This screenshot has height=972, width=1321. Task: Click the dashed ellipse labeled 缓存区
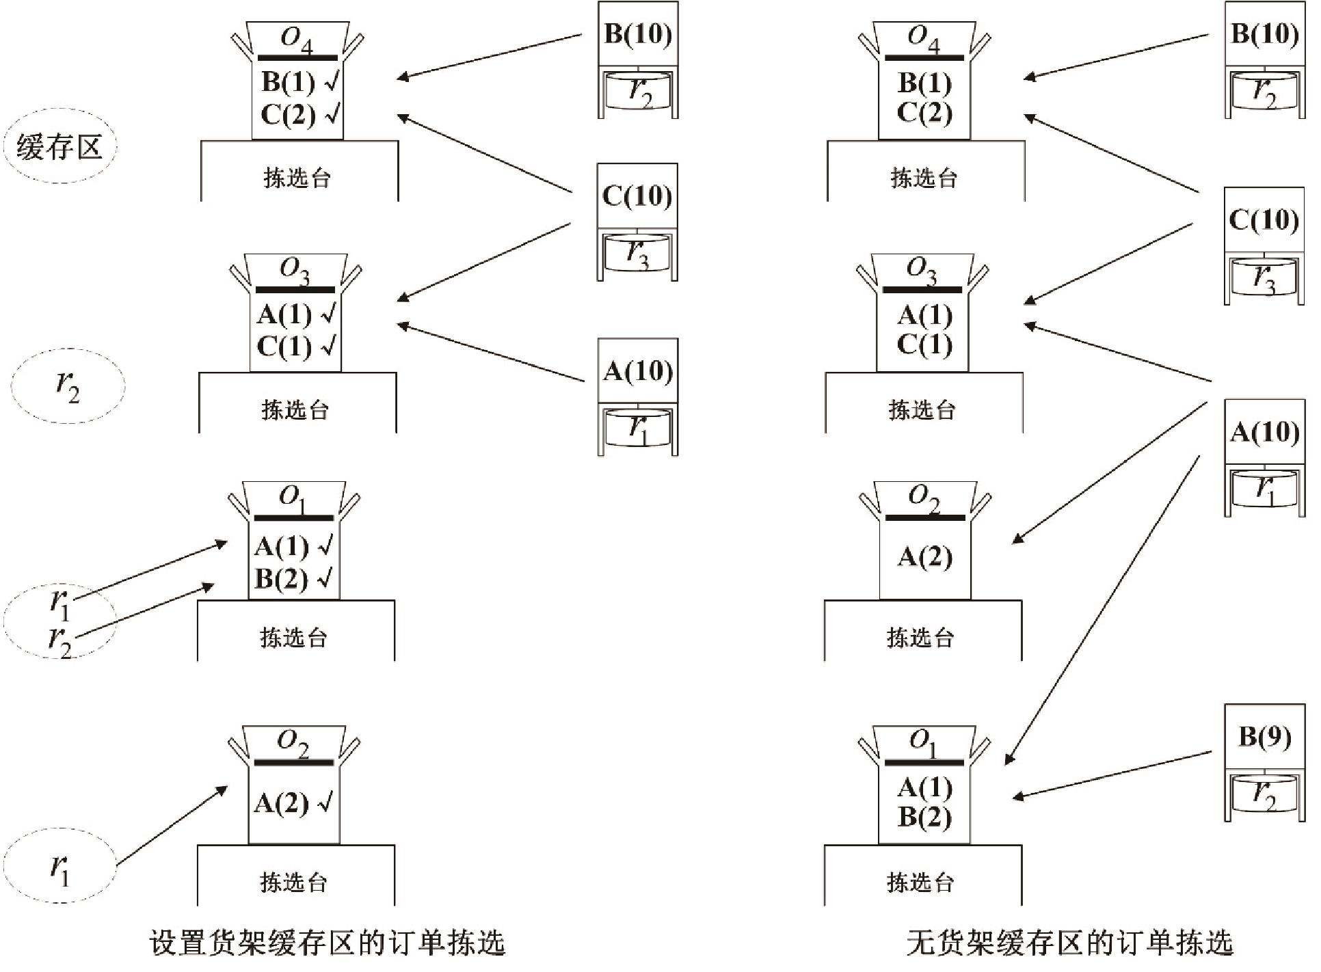click(x=59, y=147)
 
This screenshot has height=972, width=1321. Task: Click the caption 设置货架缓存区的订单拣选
click(x=327, y=943)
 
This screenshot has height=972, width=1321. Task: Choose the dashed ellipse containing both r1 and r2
click(x=59, y=621)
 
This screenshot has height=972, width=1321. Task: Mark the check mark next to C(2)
click(x=332, y=113)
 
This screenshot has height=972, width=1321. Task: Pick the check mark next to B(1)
click(x=332, y=82)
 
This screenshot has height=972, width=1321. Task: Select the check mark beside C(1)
click(x=330, y=346)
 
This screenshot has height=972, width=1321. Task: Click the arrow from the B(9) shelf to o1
click(x=1111, y=774)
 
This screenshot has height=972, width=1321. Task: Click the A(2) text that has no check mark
click(x=924, y=557)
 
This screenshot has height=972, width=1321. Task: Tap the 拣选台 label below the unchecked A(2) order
click(x=920, y=637)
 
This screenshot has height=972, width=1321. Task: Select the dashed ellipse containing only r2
click(x=68, y=386)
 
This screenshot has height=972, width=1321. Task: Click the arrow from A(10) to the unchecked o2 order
click(x=1109, y=472)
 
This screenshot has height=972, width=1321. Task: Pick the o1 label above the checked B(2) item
click(x=293, y=499)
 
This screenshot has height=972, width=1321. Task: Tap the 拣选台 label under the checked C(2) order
click(x=297, y=178)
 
